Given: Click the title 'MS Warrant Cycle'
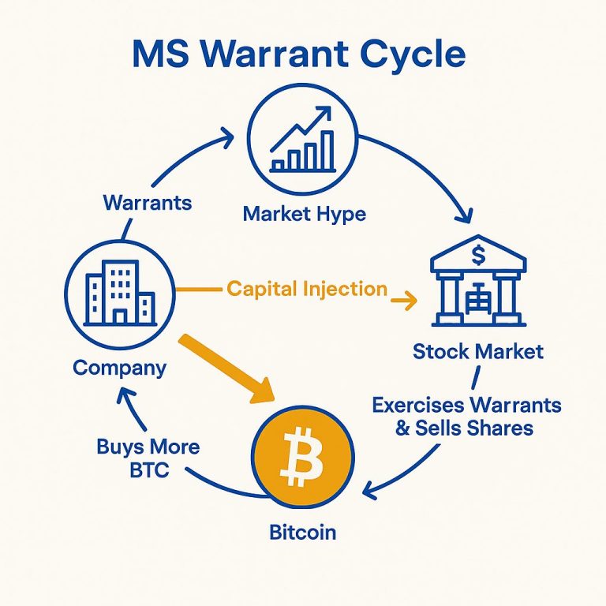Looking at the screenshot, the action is pyautogui.click(x=299, y=54).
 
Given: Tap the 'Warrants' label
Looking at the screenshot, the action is pyautogui.click(x=148, y=203).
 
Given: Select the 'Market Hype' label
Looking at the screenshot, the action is pyautogui.click(x=304, y=215).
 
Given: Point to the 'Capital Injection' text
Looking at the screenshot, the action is pyautogui.click(x=307, y=289).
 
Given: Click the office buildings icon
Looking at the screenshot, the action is pyautogui.click(x=120, y=293).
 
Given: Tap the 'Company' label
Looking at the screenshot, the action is pyautogui.click(x=119, y=368).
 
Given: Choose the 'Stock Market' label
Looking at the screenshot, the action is pyautogui.click(x=478, y=352).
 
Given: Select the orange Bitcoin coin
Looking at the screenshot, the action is pyautogui.click(x=303, y=456).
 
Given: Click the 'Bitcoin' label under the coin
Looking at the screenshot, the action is pyautogui.click(x=303, y=532).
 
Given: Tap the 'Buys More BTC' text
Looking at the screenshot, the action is pyautogui.click(x=148, y=458).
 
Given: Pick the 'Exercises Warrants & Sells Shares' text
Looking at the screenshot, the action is pyautogui.click(x=466, y=417).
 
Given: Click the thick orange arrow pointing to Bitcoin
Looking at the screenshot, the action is pyautogui.click(x=226, y=368).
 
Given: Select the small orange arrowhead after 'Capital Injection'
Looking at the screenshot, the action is pyautogui.click(x=410, y=301).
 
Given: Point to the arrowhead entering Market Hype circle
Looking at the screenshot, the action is pyautogui.click(x=227, y=137).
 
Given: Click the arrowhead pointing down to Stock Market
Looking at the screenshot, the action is pyautogui.click(x=464, y=215).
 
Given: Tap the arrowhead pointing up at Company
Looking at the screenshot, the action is pyautogui.click(x=125, y=395).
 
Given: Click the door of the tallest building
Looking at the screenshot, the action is pyautogui.click(x=119, y=316).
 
